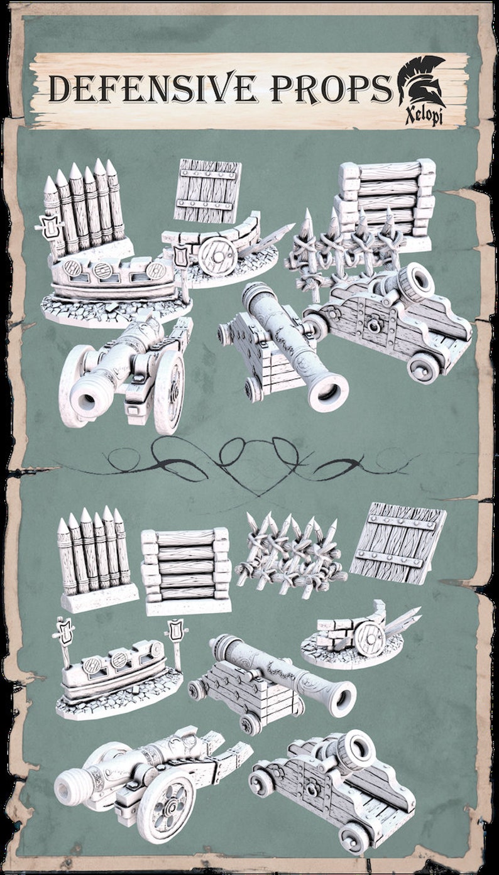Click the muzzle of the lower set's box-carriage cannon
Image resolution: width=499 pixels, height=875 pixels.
(343, 697)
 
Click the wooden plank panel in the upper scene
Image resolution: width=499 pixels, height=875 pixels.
(207, 190)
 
